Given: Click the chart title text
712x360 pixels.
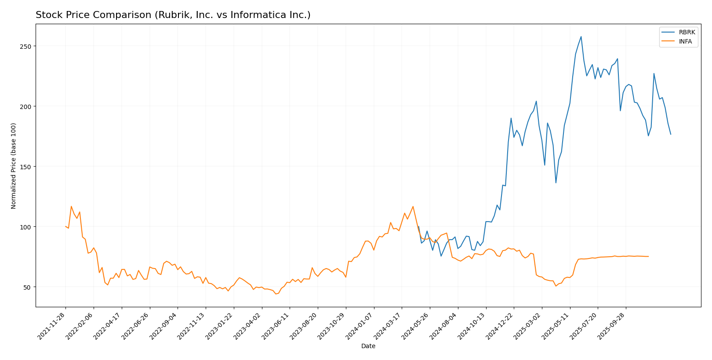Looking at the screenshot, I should (173, 15).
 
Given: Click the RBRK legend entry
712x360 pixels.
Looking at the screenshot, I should (687, 33).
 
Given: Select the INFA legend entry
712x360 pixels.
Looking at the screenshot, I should (685, 42).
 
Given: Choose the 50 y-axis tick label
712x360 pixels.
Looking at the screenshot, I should (28, 287).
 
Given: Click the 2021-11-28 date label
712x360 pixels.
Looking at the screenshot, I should (52, 326).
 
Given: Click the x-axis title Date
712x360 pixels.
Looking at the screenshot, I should (368, 346).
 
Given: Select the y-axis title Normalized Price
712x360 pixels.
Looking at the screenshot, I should (14, 166).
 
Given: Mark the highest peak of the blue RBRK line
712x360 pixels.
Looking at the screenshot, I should (581, 36).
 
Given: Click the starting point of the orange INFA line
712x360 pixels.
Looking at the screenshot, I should (65, 226).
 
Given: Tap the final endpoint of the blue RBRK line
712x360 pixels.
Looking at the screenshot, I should (671, 134).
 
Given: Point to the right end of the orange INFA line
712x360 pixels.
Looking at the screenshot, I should (648, 256).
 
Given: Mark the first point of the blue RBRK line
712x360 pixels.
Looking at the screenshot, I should (418, 226).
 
